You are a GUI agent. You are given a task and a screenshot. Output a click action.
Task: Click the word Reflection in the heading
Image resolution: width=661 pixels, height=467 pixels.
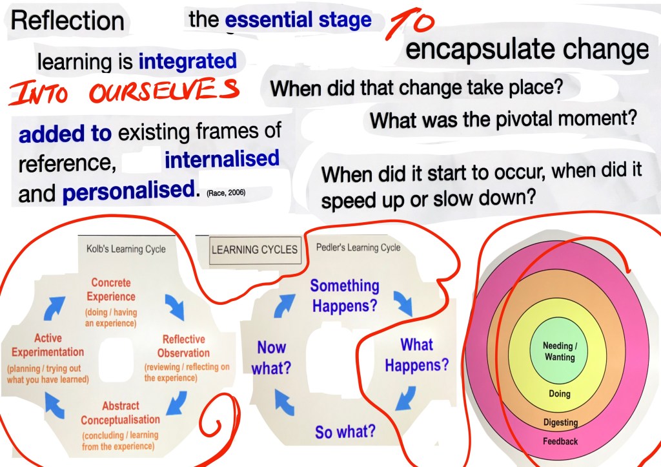click(x=67, y=21)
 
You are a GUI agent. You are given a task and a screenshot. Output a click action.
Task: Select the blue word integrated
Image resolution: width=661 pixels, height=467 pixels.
click(x=188, y=61)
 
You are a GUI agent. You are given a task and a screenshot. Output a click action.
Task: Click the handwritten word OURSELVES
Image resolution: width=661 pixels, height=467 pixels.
click(x=165, y=90)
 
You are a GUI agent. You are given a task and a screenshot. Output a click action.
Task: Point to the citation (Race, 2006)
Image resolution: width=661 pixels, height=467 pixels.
click(x=226, y=192)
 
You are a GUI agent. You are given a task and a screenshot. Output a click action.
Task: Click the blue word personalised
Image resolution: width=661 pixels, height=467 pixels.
click(x=129, y=191)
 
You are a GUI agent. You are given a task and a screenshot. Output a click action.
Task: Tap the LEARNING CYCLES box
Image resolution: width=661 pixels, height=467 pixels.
click(x=255, y=250)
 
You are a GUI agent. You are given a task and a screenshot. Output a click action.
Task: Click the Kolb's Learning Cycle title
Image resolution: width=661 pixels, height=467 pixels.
click(x=126, y=249)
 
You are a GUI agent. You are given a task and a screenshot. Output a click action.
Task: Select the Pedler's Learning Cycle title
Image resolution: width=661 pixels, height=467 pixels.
click(x=358, y=247)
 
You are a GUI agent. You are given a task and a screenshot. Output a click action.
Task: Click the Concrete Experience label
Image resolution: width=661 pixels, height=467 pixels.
click(x=111, y=289)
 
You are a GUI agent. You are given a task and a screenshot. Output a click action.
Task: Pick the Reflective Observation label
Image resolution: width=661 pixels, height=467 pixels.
click(x=183, y=346)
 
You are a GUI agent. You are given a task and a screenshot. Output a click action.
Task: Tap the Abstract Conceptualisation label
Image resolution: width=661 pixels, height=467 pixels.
click(x=121, y=413)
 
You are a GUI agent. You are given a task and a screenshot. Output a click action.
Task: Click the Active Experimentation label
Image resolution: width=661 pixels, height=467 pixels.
click(x=48, y=345)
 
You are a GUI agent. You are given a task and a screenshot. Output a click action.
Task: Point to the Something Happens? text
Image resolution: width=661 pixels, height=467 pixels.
click(x=345, y=295)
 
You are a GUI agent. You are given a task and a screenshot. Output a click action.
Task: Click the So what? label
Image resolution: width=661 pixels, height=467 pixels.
click(x=345, y=431)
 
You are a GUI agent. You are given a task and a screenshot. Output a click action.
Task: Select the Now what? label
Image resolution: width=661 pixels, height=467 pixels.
click(x=272, y=358)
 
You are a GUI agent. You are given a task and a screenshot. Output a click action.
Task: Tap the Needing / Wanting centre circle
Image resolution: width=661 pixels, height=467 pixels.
click(x=560, y=351)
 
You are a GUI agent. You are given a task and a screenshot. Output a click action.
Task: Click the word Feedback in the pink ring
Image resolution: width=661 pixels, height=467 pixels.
click(x=560, y=441)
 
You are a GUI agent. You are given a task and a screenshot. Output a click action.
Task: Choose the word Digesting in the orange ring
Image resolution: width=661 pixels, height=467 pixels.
click(x=561, y=422)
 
